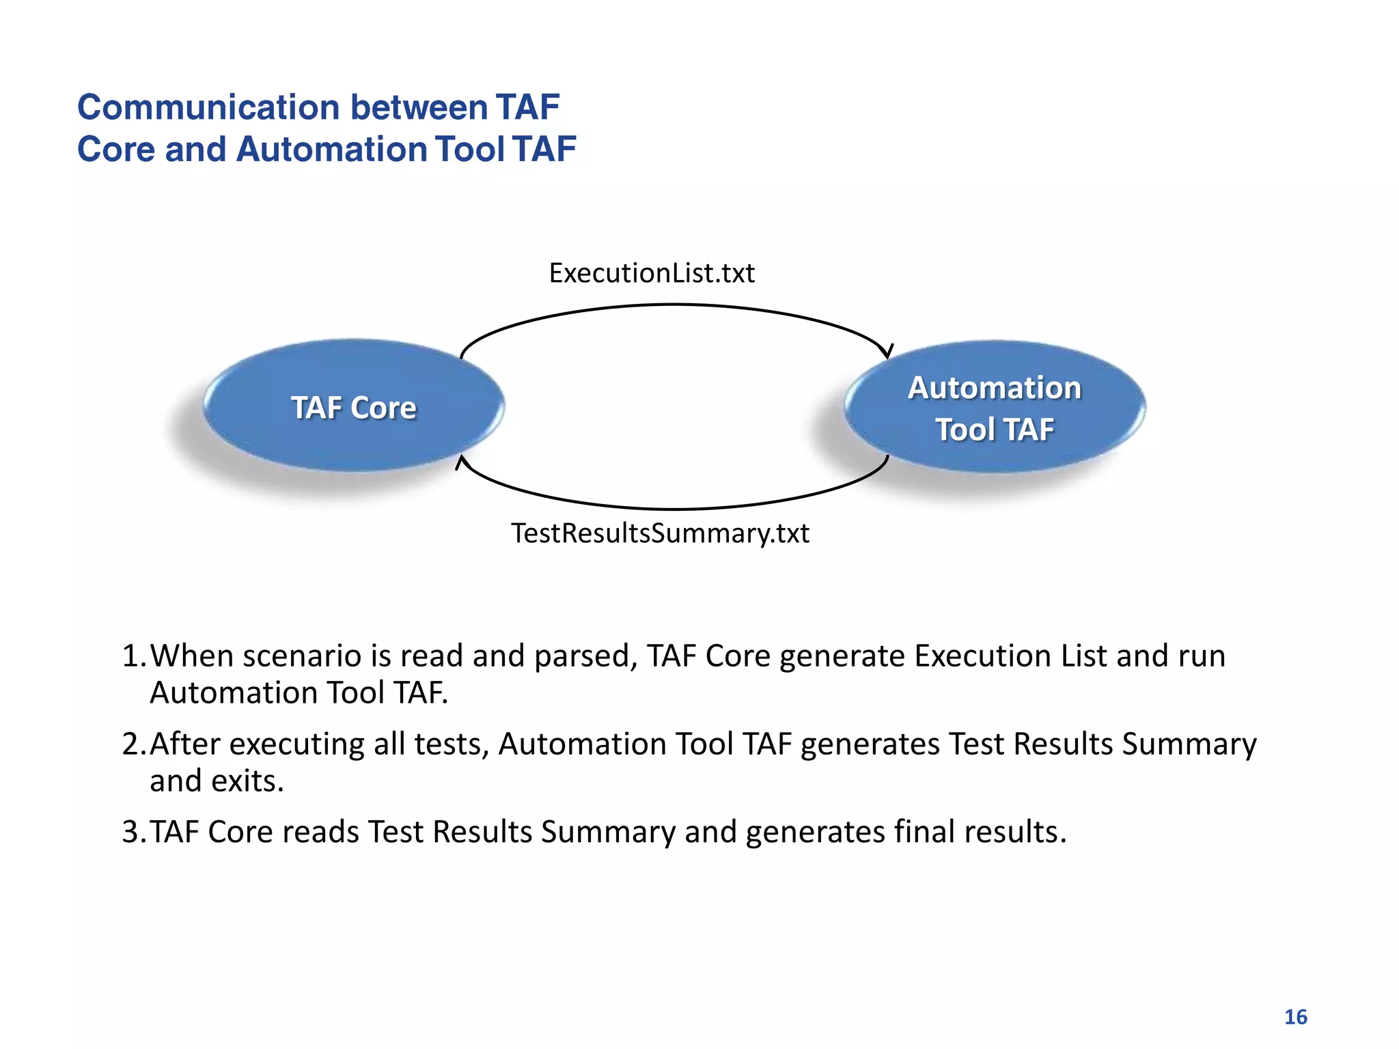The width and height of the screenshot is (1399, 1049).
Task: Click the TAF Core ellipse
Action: pos(353,406)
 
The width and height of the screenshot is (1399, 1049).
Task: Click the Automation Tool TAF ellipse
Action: pos(995,408)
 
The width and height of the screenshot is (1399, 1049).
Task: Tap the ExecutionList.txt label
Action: pos(652,273)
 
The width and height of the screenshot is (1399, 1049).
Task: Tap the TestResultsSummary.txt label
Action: pos(660,533)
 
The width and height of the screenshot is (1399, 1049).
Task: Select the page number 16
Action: pos(1295,1017)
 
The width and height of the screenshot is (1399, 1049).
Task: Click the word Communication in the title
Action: pos(208,107)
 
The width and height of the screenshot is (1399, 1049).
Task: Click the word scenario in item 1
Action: pos(301,656)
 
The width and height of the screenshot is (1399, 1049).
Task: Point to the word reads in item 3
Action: pos(320,832)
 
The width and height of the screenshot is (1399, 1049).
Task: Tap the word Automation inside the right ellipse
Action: pos(995,387)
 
